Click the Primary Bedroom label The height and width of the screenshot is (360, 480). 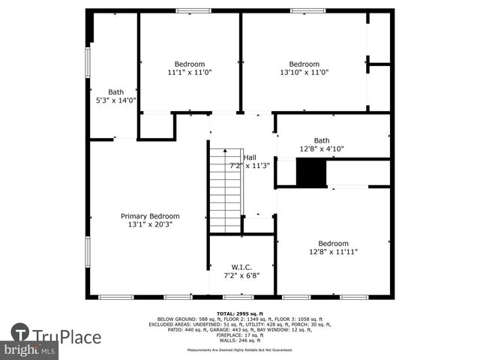pyautogui.click(x=149, y=216)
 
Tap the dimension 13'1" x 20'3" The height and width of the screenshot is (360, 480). pyautogui.click(x=149, y=224)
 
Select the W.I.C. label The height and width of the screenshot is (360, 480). pyautogui.click(x=241, y=267)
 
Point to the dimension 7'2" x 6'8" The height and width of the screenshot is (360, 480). pyautogui.click(x=241, y=276)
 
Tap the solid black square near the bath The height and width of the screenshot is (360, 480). pyautogui.click(x=311, y=173)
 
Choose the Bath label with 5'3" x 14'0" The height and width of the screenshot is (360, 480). pyautogui.click(x=115, y=92)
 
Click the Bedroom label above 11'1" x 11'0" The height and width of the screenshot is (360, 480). pyautogui.click(x=190, y=64)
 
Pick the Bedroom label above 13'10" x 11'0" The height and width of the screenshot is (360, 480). pyautogui.click(x=304, y=64)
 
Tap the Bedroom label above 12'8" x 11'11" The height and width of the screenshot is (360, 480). pyautogui.click(x=333, y=243)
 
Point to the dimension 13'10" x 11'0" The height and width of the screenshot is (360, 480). pyautogui.click(x=304, y=73)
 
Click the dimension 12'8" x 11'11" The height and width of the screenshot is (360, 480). pyautogui.click(x=333, y=252)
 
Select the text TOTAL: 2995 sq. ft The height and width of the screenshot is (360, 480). pyautogui.click(x=240, y=313)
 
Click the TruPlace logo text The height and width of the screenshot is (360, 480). pyautogui.click(x=67, y=337)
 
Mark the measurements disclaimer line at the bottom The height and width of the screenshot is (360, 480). pyautogui.click(x=240, y=349)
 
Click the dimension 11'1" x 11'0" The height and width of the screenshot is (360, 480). pyautogui.click(x=190, y=73)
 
